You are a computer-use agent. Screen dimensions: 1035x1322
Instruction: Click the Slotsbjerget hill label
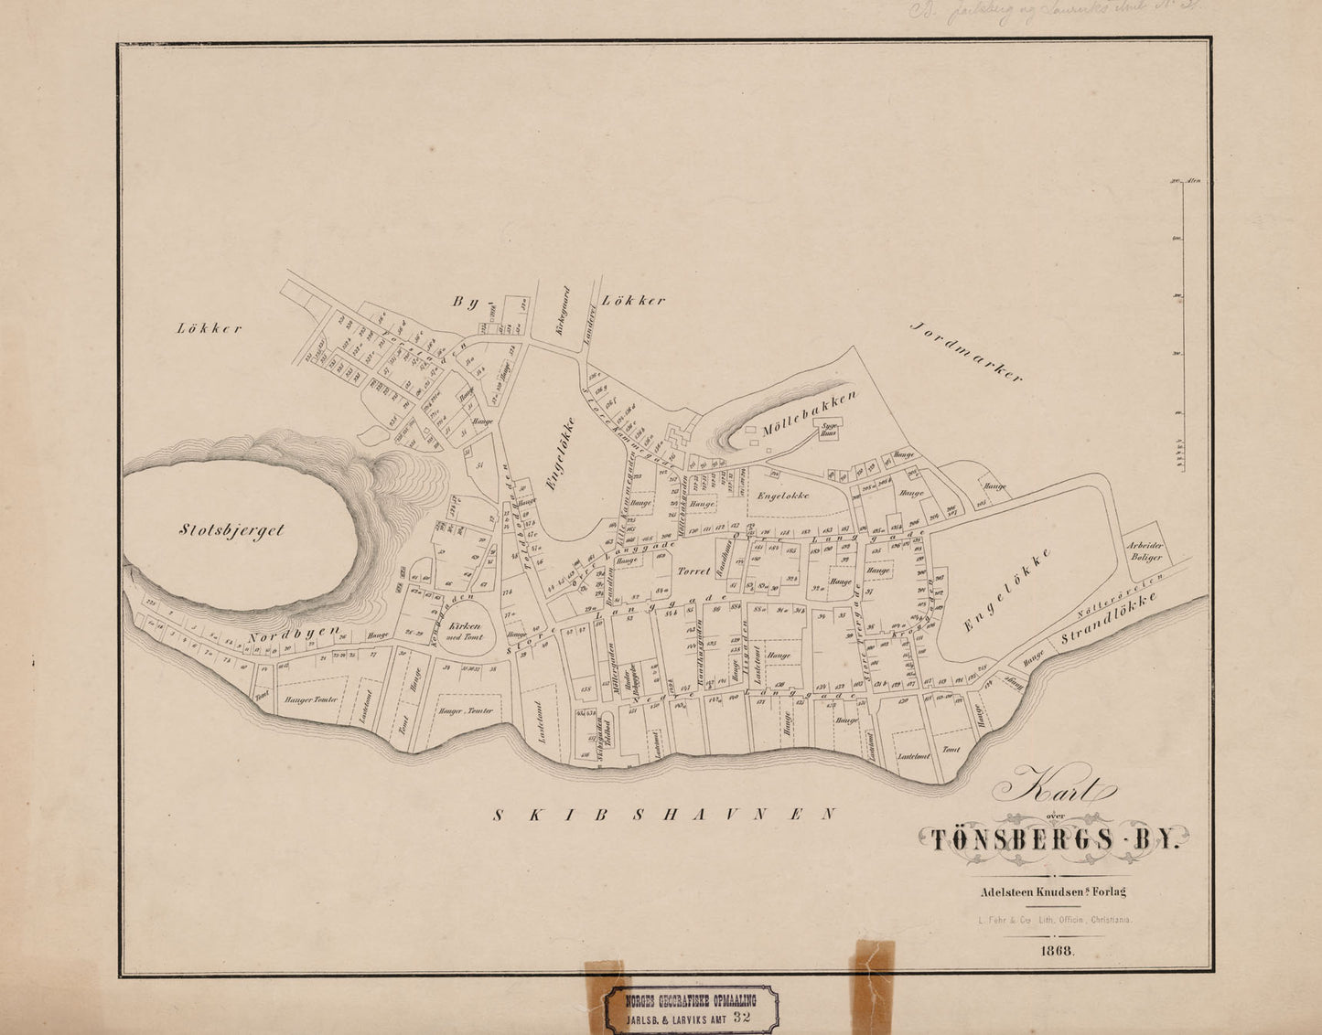231,529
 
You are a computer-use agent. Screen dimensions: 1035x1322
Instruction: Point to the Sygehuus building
830,431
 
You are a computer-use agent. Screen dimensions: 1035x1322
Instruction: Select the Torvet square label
693,571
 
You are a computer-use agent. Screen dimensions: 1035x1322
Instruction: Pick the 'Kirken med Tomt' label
467,631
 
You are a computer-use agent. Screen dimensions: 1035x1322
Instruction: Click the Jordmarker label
966,352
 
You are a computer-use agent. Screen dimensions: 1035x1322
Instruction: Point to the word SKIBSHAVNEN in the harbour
664,814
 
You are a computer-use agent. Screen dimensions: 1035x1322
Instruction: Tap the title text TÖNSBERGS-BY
1053,839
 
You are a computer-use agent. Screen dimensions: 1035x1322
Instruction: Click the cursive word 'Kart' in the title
1053,784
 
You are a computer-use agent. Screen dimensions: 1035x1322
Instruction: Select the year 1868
1057,951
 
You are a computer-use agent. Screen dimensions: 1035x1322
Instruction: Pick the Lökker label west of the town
210,329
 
